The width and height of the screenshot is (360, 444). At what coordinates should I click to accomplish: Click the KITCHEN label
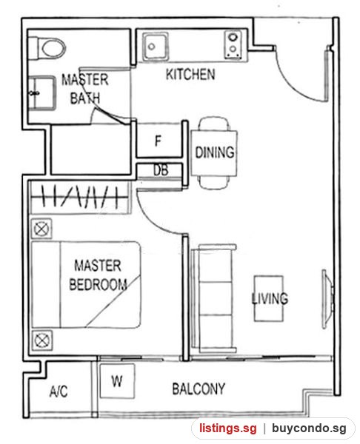[190, 74]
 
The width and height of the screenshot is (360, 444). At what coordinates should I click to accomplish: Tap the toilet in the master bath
[47, 48]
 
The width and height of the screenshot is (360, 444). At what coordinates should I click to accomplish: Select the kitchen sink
[155, 47]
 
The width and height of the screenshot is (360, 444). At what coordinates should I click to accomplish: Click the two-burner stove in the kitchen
[233, 44]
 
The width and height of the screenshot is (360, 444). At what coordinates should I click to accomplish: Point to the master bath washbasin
[42, 93]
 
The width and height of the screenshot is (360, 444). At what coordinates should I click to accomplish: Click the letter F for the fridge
[159, 141]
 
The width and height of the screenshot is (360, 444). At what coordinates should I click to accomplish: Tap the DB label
[161, 170]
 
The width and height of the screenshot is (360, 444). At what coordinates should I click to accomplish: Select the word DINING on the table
[215, 152]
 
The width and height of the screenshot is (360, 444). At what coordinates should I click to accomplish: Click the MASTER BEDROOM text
[98, 275]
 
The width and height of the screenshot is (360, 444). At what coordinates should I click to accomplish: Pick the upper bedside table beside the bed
[41, 229]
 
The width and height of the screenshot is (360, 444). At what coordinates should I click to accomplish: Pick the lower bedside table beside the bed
[42, 340]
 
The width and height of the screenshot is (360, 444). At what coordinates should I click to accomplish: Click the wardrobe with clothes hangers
[80, 198]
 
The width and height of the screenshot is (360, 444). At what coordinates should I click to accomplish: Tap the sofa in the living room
[214, 298]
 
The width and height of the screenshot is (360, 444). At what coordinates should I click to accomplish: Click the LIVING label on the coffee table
[270, 298]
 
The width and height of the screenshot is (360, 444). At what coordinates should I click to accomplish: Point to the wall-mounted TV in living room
[327, 299]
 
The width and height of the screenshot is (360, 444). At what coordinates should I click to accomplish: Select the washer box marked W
[117, 381]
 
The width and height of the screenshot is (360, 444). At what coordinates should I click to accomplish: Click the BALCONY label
[199, 388]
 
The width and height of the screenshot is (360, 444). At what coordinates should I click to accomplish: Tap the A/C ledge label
[59, 391]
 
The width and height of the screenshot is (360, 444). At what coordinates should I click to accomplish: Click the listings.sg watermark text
[227, 428]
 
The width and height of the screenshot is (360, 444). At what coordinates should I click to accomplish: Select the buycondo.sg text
[309, 428]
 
